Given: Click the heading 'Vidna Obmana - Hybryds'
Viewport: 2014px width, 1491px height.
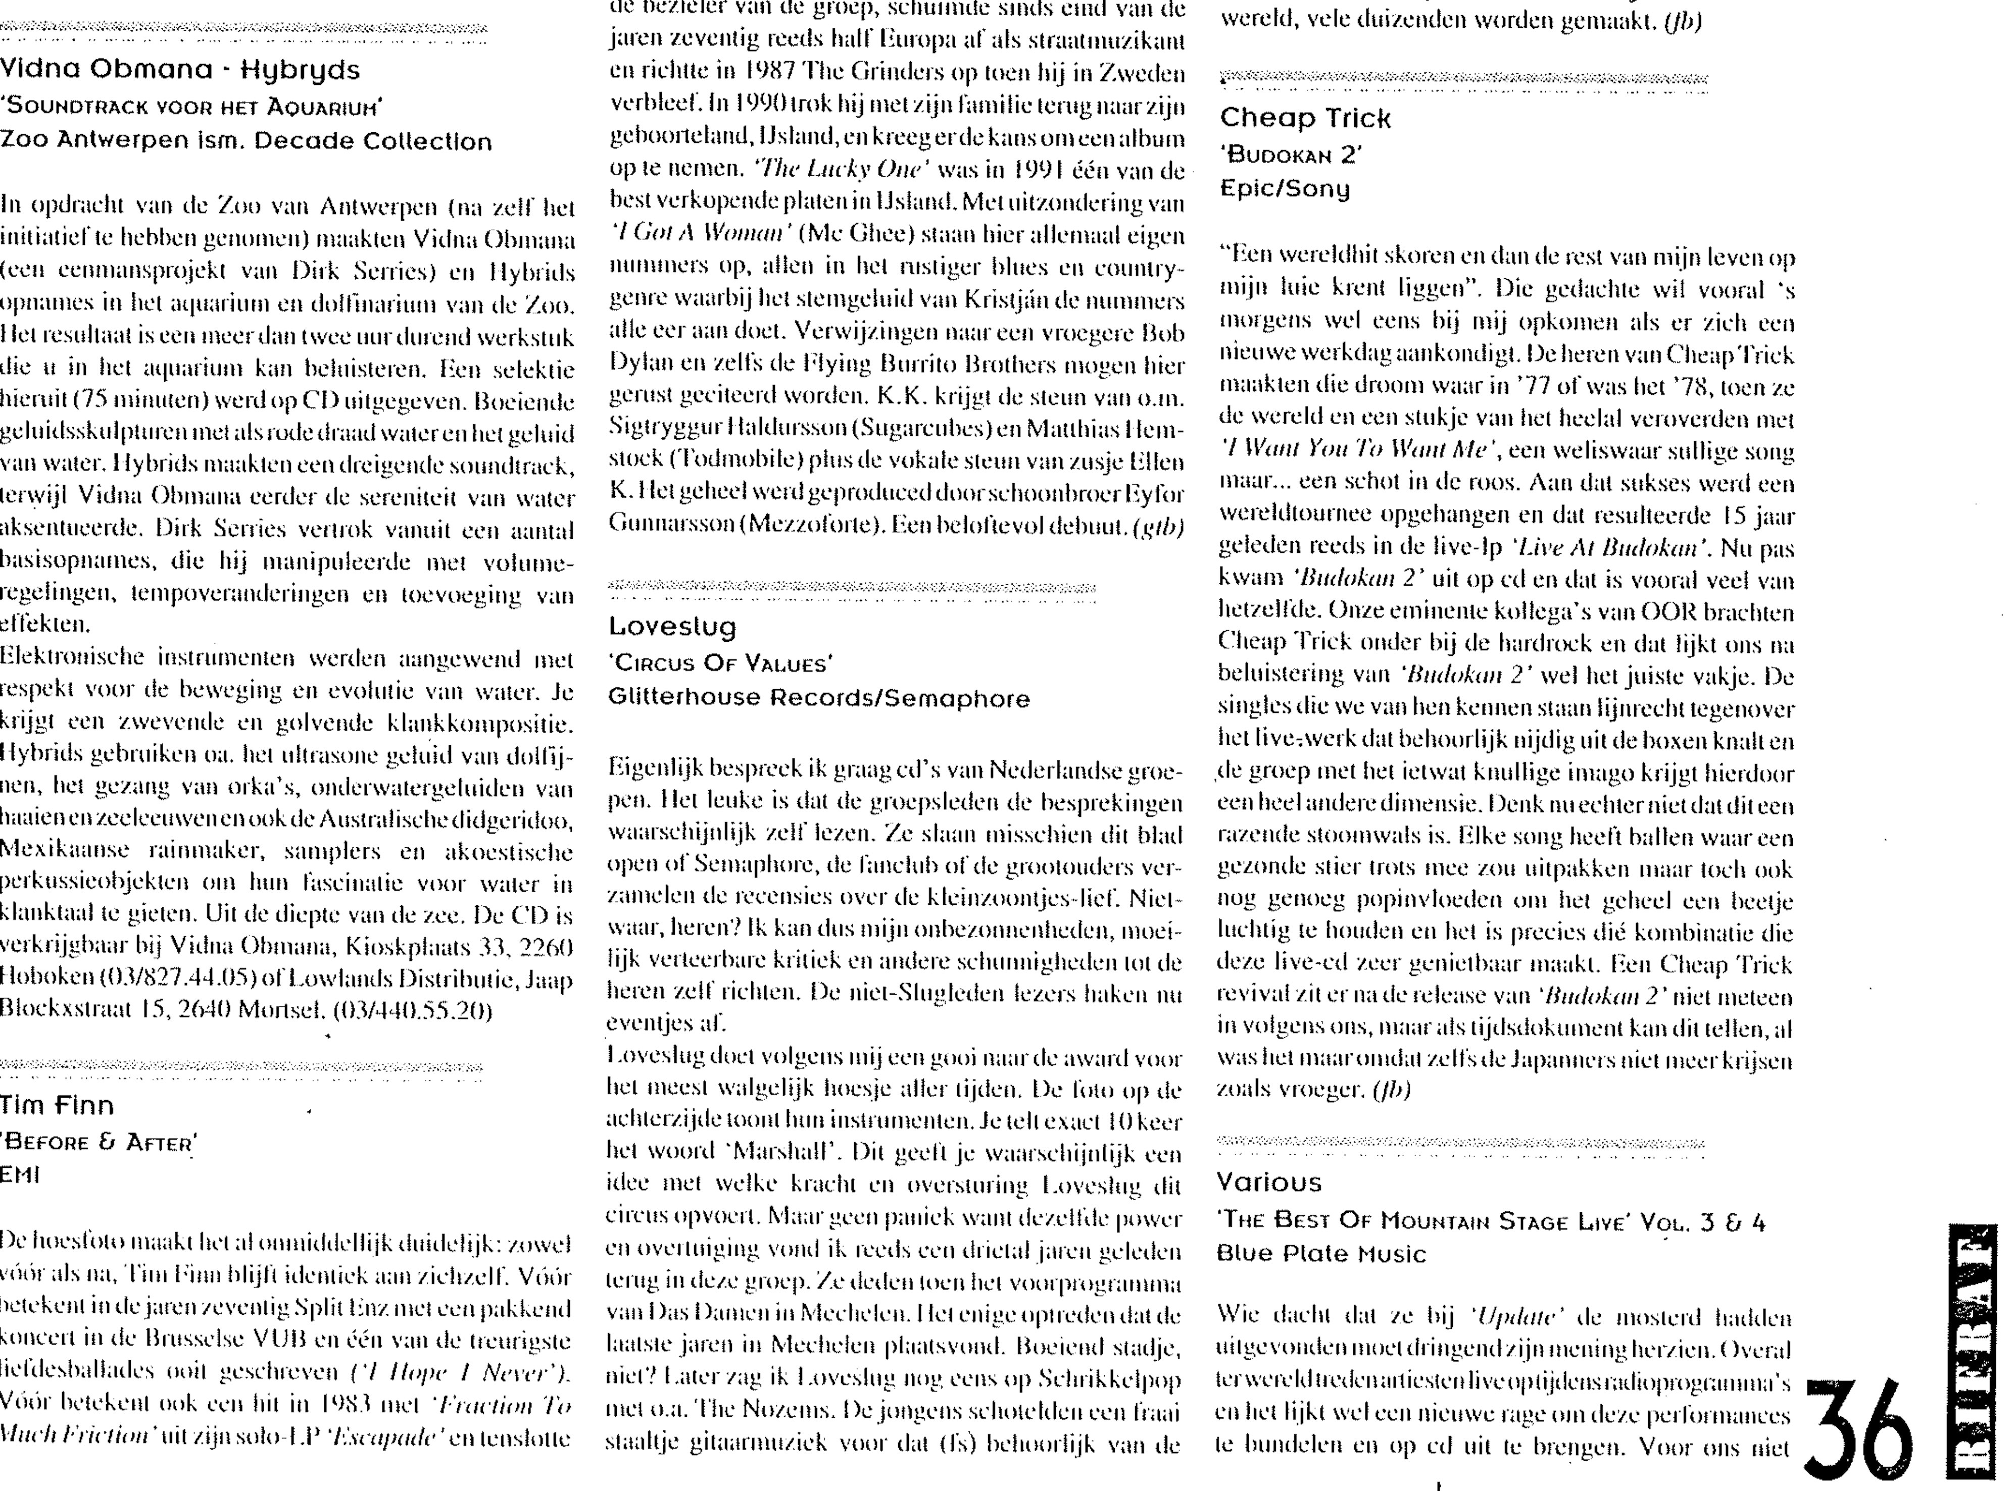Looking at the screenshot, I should point(180,70).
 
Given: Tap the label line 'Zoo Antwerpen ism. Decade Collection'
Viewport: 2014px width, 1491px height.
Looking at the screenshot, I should point(245,142).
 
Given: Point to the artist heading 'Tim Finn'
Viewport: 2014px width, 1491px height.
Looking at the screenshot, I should point(57,1106).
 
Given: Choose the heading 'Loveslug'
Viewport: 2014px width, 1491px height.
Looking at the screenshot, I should point(672,627).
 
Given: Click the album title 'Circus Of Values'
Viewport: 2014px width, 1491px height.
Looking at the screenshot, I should point(720,664).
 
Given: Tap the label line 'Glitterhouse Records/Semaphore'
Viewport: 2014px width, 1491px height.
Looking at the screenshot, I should point(818,699).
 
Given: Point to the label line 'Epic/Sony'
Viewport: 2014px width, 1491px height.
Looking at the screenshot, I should point(1285,189).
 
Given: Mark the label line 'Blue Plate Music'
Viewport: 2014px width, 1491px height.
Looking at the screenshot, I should point(1321,1254).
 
